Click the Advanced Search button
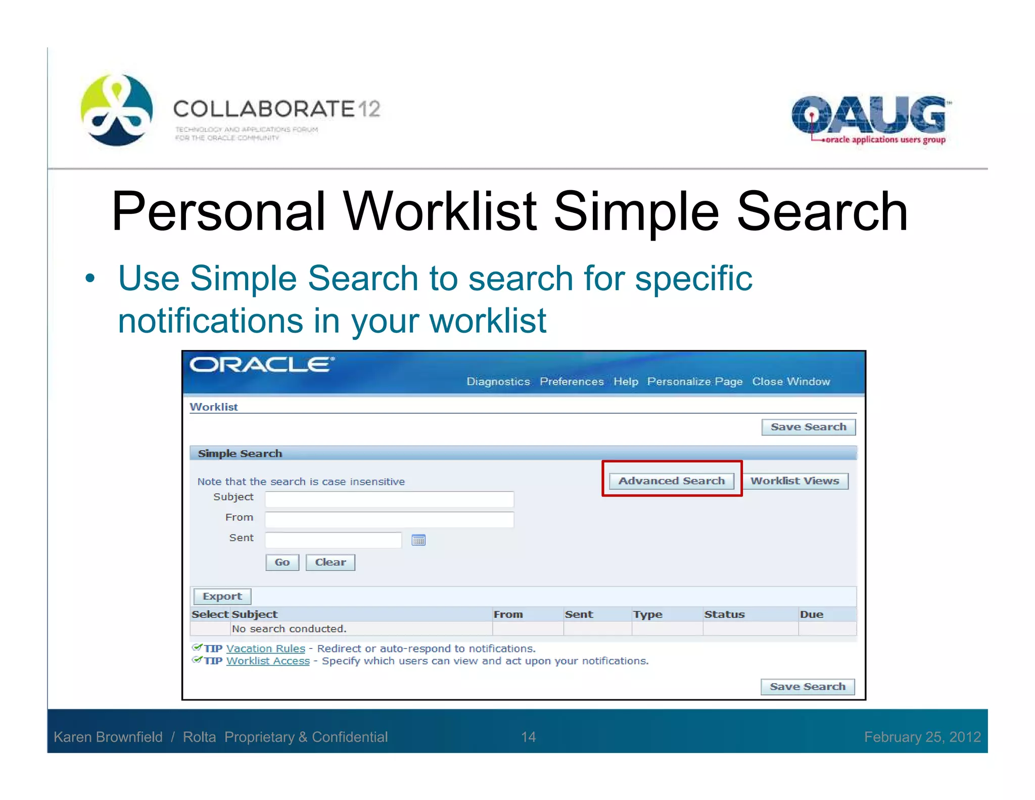671,480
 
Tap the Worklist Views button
794,480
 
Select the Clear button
330,562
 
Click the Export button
222,596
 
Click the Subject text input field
389,499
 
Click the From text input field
389,519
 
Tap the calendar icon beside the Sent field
418,540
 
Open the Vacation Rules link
266,648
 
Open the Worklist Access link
268,661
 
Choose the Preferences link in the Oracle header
572,381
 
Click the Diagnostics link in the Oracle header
498,381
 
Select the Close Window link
791,381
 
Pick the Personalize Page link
695,381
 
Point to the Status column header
724,614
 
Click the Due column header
812,614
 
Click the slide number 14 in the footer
528,737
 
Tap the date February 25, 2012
922,737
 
